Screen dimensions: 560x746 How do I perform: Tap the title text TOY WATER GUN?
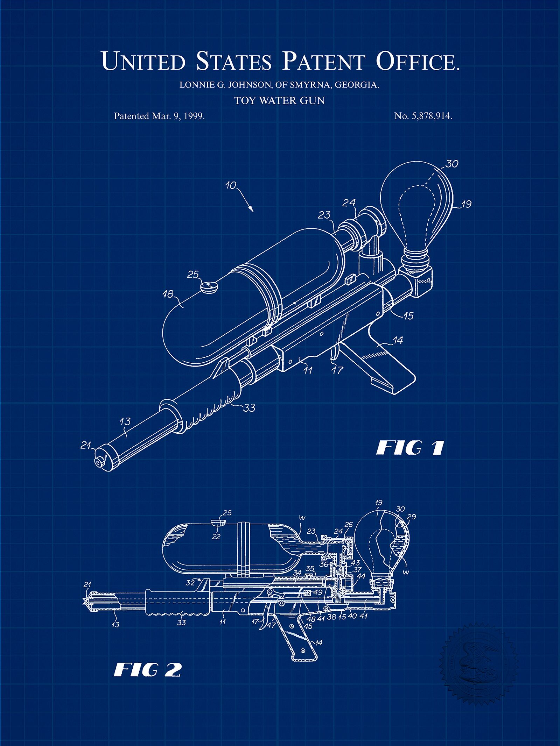tap(280, 101)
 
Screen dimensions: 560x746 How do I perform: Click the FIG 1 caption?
tap(410, 448)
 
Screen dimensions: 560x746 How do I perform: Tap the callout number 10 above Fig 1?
tap(231, 185)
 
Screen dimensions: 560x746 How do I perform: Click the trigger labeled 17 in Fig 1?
tap(335, 351)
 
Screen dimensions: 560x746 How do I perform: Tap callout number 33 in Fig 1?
tap(249, 408)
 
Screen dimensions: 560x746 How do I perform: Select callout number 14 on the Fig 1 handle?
tap(397, 340)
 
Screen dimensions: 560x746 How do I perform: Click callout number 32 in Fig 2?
tap(190, 582)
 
